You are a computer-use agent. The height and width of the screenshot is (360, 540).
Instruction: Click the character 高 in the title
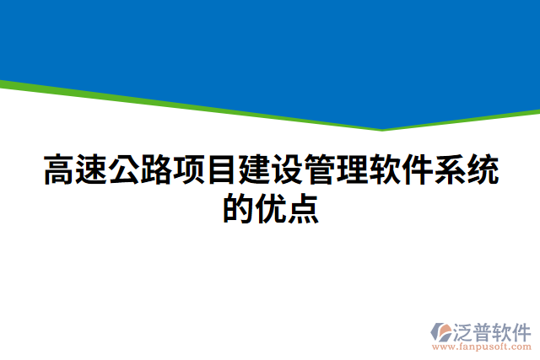pyautogui.click(x=59, y=170)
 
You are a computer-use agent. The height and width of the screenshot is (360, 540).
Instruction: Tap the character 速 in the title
pyautogui.click(x=92, y=170)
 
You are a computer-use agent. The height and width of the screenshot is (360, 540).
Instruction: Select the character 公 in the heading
pyautogui.click(x=124, y=170)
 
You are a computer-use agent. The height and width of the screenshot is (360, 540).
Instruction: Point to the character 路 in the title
pyautogui.click(x=157, y=170)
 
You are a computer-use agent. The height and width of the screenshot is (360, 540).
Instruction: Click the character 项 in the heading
pyautogui.click(x=189, y=170)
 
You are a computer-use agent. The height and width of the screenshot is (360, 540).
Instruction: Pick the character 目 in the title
pyautogui.click(x=222, y=170)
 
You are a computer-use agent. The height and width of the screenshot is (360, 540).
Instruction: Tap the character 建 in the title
pyautogui.click(x=254, y=170)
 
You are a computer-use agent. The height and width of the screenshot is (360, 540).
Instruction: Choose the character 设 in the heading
pyautogui.click(x=287, y=170)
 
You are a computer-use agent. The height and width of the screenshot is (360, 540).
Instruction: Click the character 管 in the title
pyautogui.click(x=319, y=170)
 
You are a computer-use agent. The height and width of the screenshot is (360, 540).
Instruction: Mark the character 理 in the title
pyautogui.click(x=352, y=170)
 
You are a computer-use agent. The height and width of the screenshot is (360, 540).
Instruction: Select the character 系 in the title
pyautogui.click(x=449, y=170)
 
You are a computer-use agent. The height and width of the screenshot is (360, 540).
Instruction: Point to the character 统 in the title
pyautogui.click(x=482, y=170)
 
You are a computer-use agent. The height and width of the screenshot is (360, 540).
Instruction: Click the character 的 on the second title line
pyautogui.click(x=238, y=207)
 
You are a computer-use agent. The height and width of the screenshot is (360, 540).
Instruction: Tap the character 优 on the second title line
pyautogui.click(x=270, y=207)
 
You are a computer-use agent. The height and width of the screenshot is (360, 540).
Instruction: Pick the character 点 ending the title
pyautogui.click(x=303, y=207)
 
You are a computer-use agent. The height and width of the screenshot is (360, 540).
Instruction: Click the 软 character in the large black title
pyautogui.click(x=384, y=170)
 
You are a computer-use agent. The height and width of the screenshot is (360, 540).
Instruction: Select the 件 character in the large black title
pyautogui.click(x=417, y=170)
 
